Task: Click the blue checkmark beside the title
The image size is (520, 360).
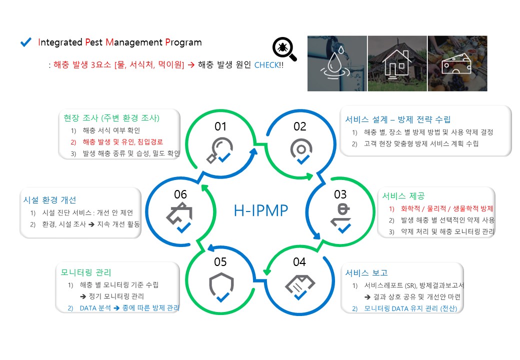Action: pos(26,42)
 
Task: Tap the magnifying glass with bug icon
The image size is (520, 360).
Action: pos(284,49)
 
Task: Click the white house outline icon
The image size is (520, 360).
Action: pos(396,64)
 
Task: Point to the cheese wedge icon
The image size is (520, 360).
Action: pos(456,63)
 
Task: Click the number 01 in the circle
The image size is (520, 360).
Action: pos(220,126)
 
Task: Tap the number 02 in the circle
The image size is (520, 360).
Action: pos(300,126)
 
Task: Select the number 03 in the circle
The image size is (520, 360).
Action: pos(340,194)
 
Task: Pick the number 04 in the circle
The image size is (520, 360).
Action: pos(299,262)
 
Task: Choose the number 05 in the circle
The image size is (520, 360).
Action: pos(220,262)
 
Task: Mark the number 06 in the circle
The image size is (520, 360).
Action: pos(180,194)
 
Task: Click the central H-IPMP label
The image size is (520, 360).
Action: pos(261,210)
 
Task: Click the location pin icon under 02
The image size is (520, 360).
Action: pos(301,151)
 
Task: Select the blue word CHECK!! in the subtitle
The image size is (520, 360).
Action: pos(269,65)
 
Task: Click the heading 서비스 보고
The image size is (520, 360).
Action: pos(366,273)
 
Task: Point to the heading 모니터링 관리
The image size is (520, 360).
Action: pos(86,272)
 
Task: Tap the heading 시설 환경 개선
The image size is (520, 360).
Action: pos(49,200)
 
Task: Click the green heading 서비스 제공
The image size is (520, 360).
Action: pos(403,196)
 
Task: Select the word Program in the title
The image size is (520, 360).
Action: pos(183,42)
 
